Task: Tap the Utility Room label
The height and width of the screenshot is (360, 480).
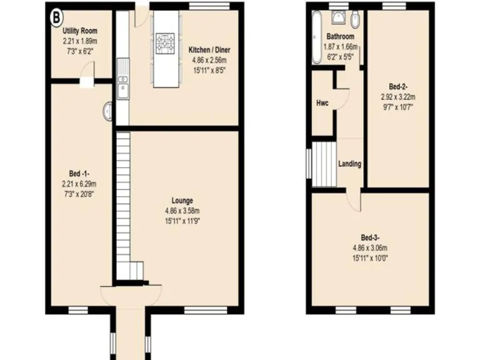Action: pyautogui.click(x=79, y=31)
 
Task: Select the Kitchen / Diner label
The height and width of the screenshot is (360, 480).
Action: pyautogui.click(x=209, y=49)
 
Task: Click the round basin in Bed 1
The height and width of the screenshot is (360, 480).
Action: pyautogui.click(x=108, y=110)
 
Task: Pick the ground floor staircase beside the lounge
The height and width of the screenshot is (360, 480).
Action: pyautogui.click(x=123, y=200)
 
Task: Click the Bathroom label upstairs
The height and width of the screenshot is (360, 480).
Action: pyautogui.click(x=340, y=36)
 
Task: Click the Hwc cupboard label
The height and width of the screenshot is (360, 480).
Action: pyautogui.click(x=322, y=102)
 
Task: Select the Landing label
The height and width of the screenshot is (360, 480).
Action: pyautogui.click(x=349, y=164)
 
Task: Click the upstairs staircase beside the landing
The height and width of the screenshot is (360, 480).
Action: pyautogui.click(x=325, y=164)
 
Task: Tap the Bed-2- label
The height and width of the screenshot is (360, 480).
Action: pyautogui.click(x=398, y=86)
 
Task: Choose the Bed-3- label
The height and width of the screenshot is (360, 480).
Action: pyautogui.click(x=370, y=237)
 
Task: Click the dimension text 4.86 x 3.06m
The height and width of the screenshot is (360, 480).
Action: pyautogui.click(x=370, y=247)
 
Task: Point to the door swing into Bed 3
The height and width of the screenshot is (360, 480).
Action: pyautogui.click(x=354, y=201)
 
